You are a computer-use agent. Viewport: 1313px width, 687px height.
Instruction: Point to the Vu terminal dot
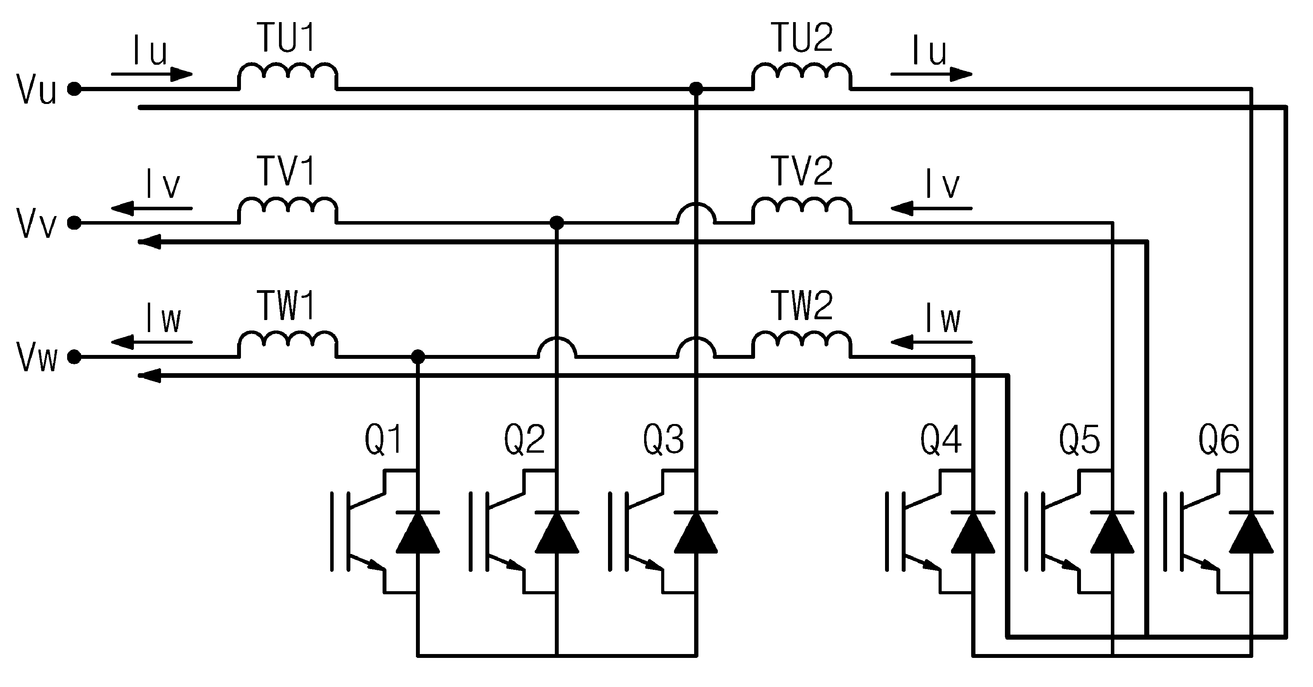[x=74, y=89]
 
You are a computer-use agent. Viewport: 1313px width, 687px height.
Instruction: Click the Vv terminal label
[x=36, y=223]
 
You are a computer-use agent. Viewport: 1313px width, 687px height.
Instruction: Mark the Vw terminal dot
[x=74, y=357]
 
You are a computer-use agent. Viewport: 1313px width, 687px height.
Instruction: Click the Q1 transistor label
[x=383, y=439]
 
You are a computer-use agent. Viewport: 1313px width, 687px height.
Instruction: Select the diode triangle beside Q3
[x=696, y=532]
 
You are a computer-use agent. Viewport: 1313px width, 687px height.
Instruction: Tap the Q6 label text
[x=1219, y=439]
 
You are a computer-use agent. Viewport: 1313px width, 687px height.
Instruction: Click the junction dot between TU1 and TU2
[x=696, y=89]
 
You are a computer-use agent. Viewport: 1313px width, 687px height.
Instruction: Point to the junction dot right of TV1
[x=557, y=223]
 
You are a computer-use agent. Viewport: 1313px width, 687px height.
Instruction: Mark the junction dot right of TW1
[x=417, y=357]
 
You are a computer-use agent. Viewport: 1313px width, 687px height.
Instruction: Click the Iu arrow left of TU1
[x=152, y=74]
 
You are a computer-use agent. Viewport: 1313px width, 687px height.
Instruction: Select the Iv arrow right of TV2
[x=931, y=208]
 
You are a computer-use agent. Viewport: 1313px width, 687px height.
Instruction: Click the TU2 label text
[x=803, y=37]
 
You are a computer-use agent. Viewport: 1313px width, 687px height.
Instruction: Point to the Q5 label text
[x=1079, y=439]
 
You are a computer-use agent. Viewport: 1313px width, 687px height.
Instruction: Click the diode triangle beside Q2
[x=557, y=532]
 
